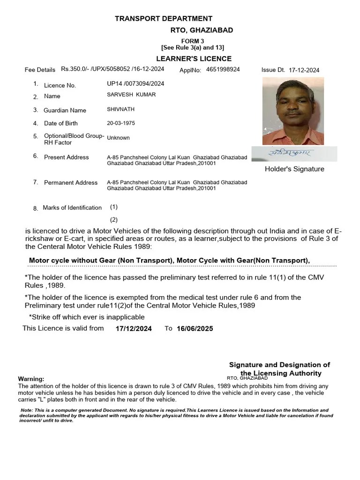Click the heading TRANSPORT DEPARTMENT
pyautogui.click(x=164, y=19)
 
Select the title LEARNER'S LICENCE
pyautogui.click(x=194, y=59)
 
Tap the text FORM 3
pyautogui.click(x=193, y=41)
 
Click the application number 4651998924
pyautogui.click(x=223, y=69)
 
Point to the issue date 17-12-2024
pyautogui.click(x=304, y=70)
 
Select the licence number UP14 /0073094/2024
pyautogui.click(x=135, y=84)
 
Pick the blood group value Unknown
pyautogui.click(x=118, y=138)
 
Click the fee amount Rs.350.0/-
pyautogui.click(x=77, y=69)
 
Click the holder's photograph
pyautogui.click(x=293, y=111)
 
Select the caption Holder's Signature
pyautogui.click(x=294, y=169)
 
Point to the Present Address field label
pyautogui.click(x=66, y=157)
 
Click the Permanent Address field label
pyautogui.click(x=71, y=182)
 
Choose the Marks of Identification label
pyautogui.click(x=72, y=208)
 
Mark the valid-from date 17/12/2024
pyautogui.click(x=134, y=329)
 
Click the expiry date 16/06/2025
pyautogui.click(x=195, y=329)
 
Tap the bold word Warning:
pyautogui.click(x=31, y=379)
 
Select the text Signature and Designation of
pyautogui.click(x=279, y=365)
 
